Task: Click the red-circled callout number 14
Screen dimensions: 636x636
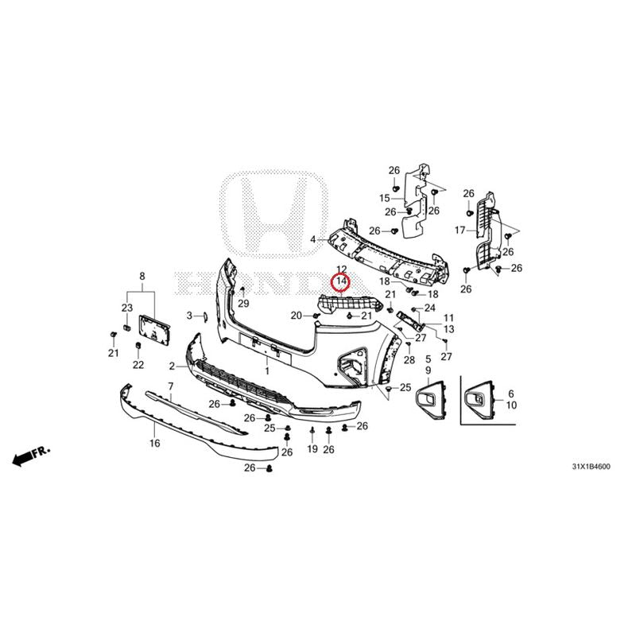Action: point(341,281)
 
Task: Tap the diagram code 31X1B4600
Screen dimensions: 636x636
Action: point(591,467)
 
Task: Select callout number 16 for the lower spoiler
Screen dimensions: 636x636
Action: point(154,443)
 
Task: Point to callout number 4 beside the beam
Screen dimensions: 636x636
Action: point(312,240)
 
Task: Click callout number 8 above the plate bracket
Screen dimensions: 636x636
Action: point(142,276)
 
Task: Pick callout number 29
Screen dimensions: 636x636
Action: point(243,304)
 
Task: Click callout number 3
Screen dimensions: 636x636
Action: point(189,316)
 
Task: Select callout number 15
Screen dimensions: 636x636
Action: point(385,198)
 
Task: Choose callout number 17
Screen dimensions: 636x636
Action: point(460,231)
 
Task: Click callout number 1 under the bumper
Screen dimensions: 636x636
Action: point(267,371)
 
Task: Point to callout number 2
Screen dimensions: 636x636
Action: point(172,366)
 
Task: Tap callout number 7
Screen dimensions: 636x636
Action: point(171,386)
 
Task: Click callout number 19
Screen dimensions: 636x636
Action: point(312,449)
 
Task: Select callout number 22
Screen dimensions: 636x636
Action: point(138,365)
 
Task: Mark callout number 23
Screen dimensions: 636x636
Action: point(127,308)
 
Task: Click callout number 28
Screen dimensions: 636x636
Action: point(409,360)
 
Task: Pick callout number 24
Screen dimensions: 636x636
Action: point(429,308)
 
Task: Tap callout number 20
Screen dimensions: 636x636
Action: point(297,316)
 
